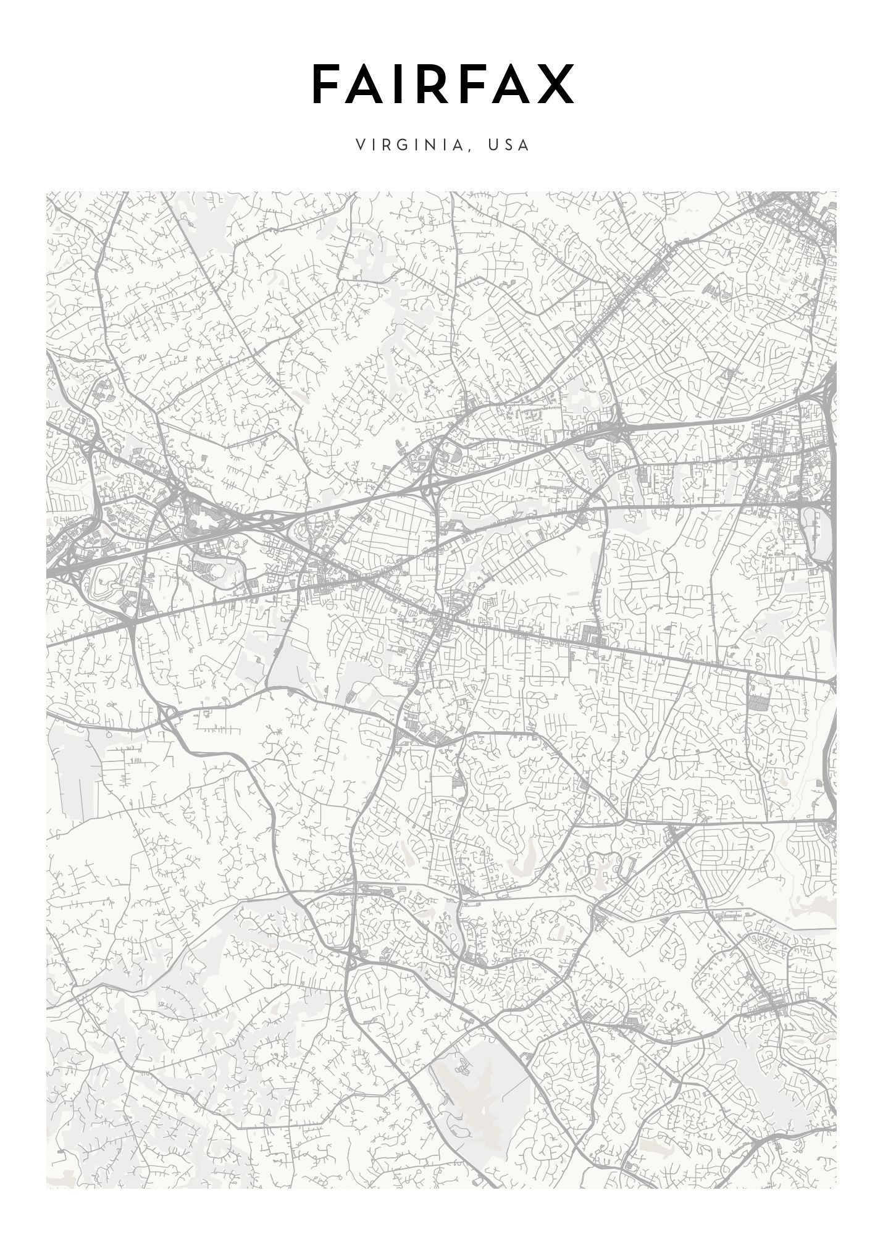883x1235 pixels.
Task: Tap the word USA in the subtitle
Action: click(508, 145)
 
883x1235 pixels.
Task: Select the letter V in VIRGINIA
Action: click(361, 145)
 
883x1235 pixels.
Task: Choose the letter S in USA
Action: click(508, 145)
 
